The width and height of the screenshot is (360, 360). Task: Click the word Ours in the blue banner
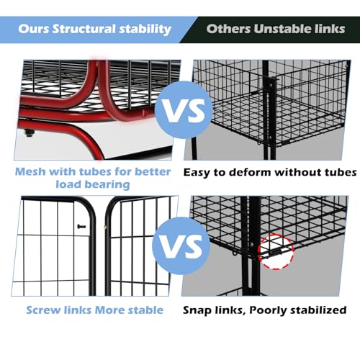[33, 29]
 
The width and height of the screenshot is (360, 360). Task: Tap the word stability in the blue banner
[145, 30]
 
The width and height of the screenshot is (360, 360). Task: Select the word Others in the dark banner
[228, 29]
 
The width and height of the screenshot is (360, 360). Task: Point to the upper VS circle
[184, 110]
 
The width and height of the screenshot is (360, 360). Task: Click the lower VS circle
[181, 246]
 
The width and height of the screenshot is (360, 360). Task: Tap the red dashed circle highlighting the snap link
[276, 251]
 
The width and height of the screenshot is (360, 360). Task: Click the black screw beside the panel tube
[81, 226]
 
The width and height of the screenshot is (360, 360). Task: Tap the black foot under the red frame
[30, 132]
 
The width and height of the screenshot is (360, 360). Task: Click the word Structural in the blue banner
[84, 29]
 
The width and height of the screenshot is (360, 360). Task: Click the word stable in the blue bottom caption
[145, 310]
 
